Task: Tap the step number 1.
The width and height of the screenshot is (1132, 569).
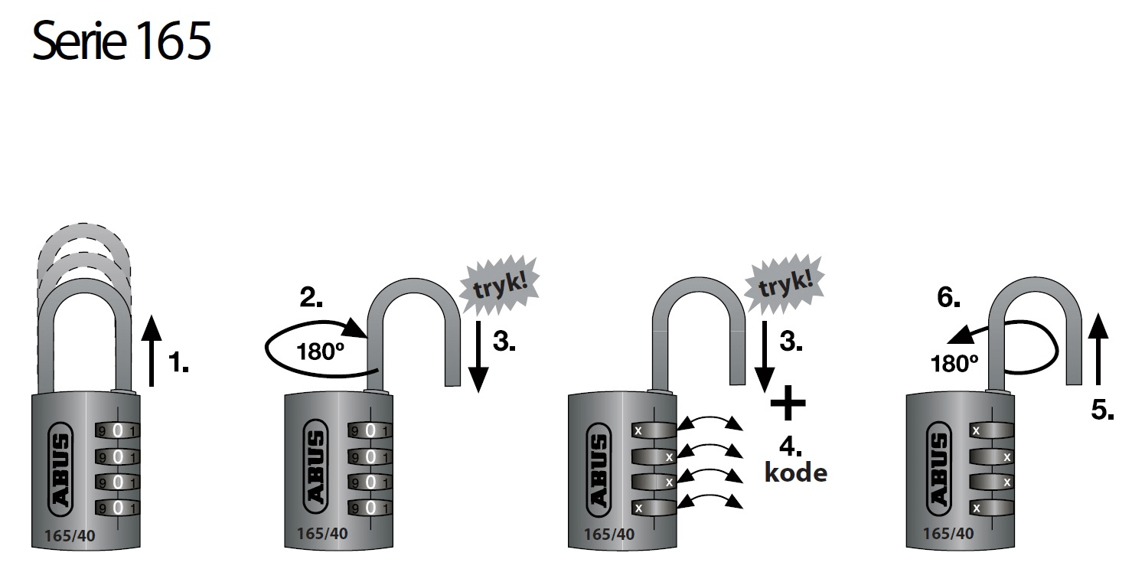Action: pyautogui.click(x=178, y=363)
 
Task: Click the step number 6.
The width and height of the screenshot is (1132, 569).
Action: pyautogui.click(x=948, y=299)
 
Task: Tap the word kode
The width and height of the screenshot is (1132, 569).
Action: pyautogui.click(x=796, y=473)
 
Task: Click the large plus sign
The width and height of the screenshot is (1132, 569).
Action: pyautogui.click(x=788, y=404)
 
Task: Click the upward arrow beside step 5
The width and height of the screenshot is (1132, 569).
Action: pyautogui.click(x=1100, y=348)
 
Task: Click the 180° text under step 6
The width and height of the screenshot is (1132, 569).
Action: pyautogui.click(x=955, y=365)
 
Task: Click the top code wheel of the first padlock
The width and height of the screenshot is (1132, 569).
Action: pyautogui.click(x=117, y=430)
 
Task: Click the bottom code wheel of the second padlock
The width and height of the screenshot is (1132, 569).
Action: pyautogui.click(x=370, y=508)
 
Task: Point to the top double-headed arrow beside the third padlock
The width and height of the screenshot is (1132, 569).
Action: pyautogui.click(x=712, y=423)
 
